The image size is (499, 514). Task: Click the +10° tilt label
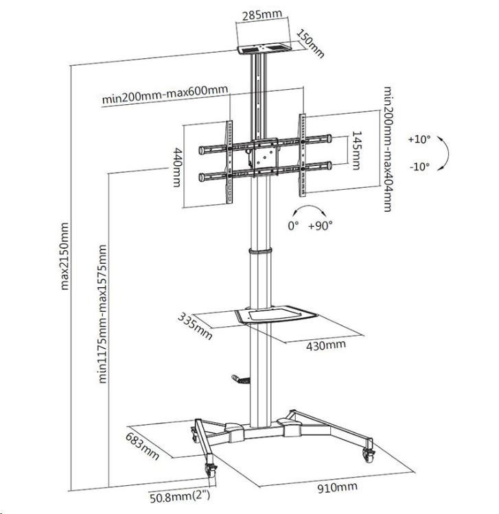418,139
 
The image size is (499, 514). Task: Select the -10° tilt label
418,166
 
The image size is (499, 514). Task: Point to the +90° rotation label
321,225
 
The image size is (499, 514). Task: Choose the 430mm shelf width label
326,344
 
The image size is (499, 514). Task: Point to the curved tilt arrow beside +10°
443,152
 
